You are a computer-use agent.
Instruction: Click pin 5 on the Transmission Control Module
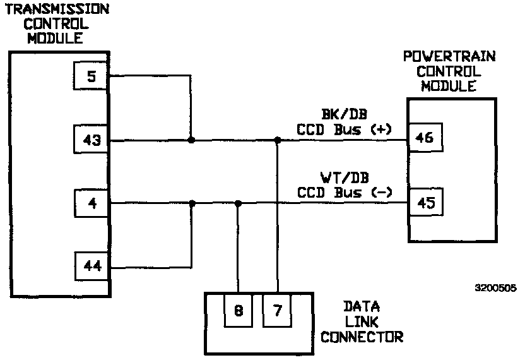[x=91, y=77]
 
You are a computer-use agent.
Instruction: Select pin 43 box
[x=91, y=140]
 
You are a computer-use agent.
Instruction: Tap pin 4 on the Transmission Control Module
[x=91, y=203]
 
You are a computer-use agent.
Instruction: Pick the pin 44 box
[x=91, y=267]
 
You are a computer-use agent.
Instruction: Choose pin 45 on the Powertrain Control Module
[x=425, y=203]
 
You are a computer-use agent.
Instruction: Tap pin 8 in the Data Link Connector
[x=238, y=309]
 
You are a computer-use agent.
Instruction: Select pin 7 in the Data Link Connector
[x=277, y=309]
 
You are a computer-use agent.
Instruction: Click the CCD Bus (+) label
[x=345, y=129]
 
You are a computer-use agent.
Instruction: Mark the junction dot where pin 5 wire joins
[x=191, y=140]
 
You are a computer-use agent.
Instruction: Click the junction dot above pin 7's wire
[x=277, y=140]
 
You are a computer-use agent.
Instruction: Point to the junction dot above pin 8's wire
[x=238, y=203]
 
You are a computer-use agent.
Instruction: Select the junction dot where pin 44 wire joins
[x=191, y=203]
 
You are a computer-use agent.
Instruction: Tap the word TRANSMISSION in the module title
[x=57, y=9]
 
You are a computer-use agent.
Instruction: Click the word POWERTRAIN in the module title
[x=449, y=57]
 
